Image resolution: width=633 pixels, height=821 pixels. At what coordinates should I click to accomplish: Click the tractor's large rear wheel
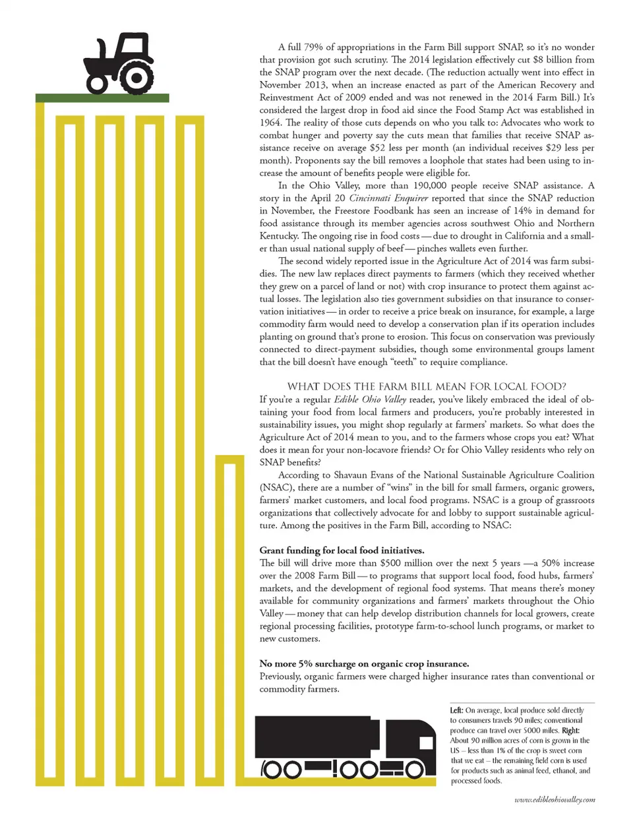click(136, 78)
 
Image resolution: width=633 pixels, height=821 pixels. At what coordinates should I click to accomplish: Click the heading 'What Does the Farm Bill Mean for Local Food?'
click(427, 386)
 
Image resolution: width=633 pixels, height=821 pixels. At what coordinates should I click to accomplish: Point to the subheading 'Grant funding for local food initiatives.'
click(342, 551)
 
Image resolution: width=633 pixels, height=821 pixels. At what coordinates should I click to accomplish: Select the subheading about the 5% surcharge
click(364, 664)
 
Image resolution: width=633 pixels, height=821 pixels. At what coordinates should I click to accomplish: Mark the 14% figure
click(522, 210)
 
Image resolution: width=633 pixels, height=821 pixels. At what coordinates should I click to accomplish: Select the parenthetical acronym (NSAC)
click(276, 487)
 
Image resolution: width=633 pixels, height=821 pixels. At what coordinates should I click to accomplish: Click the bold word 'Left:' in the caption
click(457, 710)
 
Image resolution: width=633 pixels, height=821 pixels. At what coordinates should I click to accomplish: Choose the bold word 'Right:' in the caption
click(571, 730)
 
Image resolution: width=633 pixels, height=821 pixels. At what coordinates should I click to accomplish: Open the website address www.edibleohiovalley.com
click(555, 800)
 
